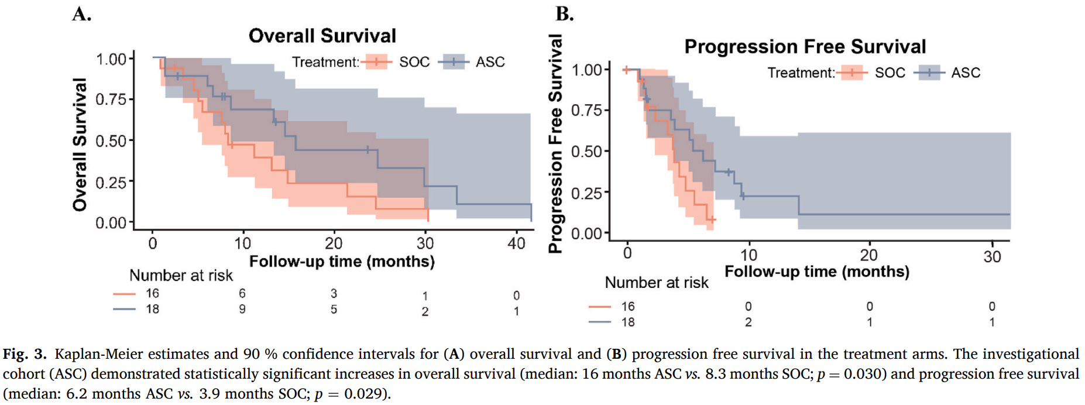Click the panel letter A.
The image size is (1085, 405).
click(x=81, y=14)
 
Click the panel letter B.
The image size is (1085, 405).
click(x=565, y=14)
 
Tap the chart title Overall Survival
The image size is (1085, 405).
click(x=322, y=36)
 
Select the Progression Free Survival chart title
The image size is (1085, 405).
click(x=805, y=46)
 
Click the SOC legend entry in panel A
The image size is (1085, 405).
click(x=414, y=62)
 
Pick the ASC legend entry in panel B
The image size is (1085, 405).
click(x=965, y=73)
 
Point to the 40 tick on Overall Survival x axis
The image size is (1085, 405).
click(x=516, y=243)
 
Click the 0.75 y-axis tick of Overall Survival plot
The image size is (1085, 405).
click(x=111, y=99)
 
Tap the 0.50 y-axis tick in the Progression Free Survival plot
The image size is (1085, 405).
click(x=586, y=152)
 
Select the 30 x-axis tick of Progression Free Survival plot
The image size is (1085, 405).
click(x=992, y=256)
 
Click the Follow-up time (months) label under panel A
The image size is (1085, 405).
click(x=342, y=261)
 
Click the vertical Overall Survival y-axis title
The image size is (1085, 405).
click(x=80, y=144)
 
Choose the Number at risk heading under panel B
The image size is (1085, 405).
click(x=656, y=283)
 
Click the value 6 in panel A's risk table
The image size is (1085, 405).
click(x=242, y=293)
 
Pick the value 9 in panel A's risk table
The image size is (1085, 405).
click(x=242, y=309)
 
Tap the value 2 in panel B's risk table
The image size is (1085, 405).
click(x=748, y=322)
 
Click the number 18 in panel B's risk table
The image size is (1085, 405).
click(x=628, y=322)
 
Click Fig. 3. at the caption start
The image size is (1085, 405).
click(x=25, y=354)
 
